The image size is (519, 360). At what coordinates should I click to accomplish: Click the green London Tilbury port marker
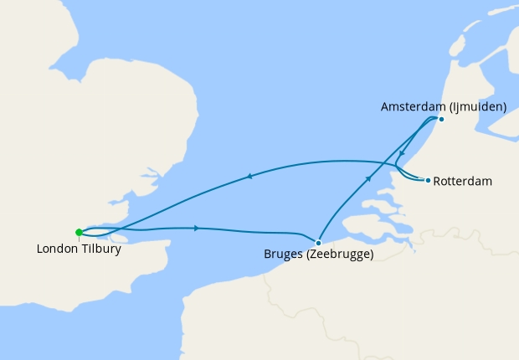pyautogui.click(x=79, y=233)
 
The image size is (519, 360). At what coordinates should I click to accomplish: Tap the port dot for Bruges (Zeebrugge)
pyautogui.click(x=318, y=242)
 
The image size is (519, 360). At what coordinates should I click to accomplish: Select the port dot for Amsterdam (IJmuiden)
pyautogui.click(x=441, y=119)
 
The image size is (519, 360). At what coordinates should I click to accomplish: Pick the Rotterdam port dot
pyautogui.click(x=428, y=180)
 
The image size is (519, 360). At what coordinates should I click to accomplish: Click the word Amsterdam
pyautogui.click(x=414, y=107)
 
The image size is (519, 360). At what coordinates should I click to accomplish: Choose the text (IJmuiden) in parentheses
pyautogui.click(x=478, y=107)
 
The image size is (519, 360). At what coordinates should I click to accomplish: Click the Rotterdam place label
pyautogui.click(x=463, y=181)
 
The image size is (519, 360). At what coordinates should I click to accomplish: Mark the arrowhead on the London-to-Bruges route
pyautogui.click(x=196, y=228)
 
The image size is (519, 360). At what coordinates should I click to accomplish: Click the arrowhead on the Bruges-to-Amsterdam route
pyautogui.click(x=367, y=178)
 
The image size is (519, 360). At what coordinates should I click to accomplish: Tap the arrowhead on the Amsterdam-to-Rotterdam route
pyautogui.click(x=403, y=153)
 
